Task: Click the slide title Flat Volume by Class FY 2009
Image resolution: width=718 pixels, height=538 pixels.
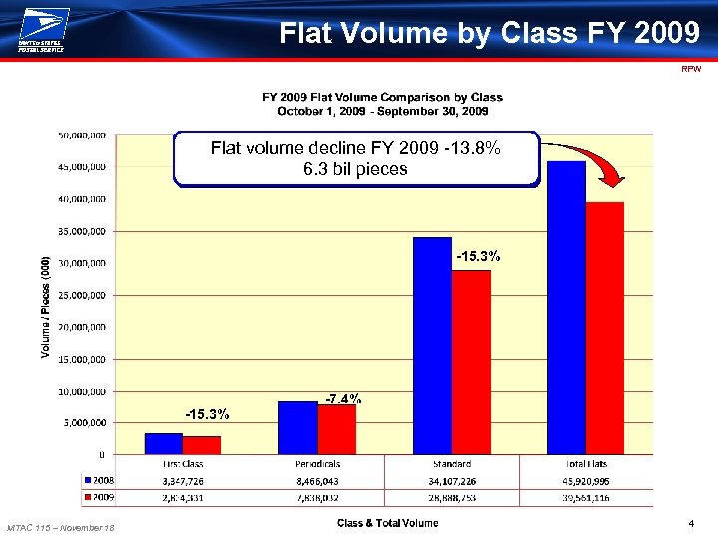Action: (x=490, y=33)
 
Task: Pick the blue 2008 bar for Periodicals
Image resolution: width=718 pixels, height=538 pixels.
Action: (x=298, y=427)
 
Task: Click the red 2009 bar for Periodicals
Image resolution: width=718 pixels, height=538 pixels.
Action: (x=337, y=429)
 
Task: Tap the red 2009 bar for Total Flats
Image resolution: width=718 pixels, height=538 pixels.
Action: (x=605, y=328)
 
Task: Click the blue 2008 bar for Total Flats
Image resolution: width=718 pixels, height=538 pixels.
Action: (x=566, y=308)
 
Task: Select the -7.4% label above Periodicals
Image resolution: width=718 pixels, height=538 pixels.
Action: (x=343, y=400)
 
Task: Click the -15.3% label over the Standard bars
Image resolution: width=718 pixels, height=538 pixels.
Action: (x=478, y=257)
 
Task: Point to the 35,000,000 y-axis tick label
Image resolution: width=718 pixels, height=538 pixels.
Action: (x=82, y=231)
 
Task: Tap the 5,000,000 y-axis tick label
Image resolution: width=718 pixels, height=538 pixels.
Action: (x=85, y=422)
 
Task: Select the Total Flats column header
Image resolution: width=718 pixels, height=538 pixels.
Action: (x=585, y=464)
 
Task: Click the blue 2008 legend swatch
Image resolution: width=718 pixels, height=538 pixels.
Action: (x=87, y=480)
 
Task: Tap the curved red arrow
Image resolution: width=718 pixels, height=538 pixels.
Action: (x=588, y=161)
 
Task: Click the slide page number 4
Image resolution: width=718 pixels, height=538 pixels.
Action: (x=690, y=524)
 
